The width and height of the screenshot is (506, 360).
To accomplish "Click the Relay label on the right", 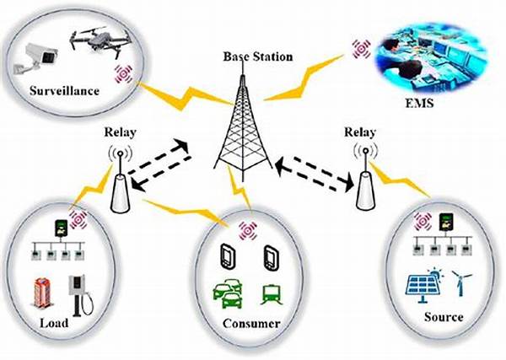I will [363, 132].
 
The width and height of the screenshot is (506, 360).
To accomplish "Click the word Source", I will [444, 317].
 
